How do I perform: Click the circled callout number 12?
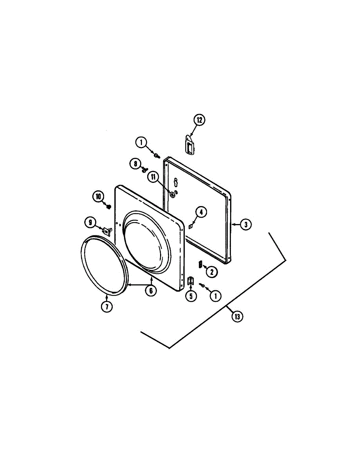[x=199, y=120]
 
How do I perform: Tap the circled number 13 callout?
[x=237, y=317]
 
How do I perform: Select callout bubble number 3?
[x=245, y=225]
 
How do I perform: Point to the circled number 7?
[x=107, y=306]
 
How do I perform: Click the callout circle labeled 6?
[x=151, y=291]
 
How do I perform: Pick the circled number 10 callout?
[x=99, y=197]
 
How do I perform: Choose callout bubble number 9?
[x=90, y=222]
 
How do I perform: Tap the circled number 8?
[x=135, y=164]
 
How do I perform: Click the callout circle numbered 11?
[x=153, y=177]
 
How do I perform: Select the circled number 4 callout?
[x=201, y=212]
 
